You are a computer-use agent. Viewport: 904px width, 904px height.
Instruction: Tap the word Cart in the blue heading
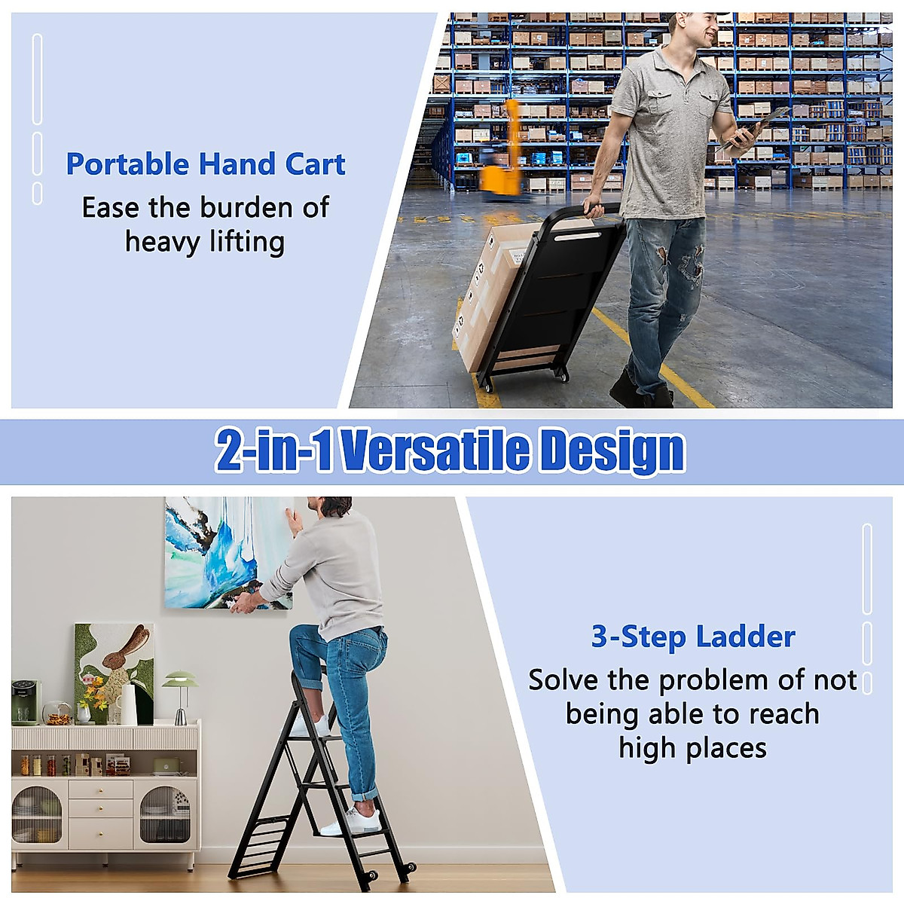click(315, 164)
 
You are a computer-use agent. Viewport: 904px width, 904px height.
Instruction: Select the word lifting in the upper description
click(246, 242)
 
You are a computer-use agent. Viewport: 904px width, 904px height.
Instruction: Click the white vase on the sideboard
click(129, 704)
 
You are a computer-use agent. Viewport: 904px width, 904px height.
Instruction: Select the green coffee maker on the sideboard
click(25, 702)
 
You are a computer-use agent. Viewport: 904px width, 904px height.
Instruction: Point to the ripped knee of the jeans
click(689, 264)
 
